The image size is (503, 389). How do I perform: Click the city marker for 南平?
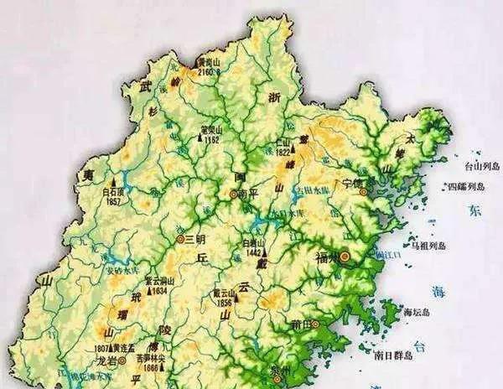click(x=232, y=194)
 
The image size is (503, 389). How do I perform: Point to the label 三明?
click(x=194, y=239)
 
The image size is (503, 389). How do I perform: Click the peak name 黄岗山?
click(x=207, y=62)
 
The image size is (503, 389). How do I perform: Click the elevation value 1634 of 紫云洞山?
click(x=162, y=291)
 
